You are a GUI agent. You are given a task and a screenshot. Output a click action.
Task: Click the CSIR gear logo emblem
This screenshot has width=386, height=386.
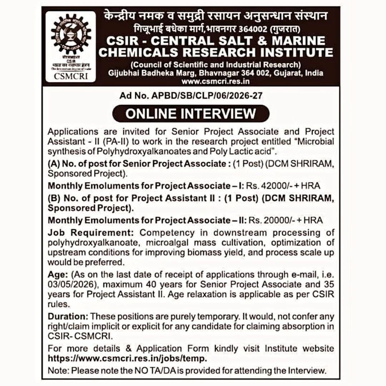coord(70,36)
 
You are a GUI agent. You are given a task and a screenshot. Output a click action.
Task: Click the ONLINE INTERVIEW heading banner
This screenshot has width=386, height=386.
coord(190,113)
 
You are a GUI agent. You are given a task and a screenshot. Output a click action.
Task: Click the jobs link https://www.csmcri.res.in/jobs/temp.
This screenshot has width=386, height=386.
coord(128,358)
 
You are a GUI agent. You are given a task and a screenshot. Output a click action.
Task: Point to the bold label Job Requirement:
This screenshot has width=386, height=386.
coord(91,233)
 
